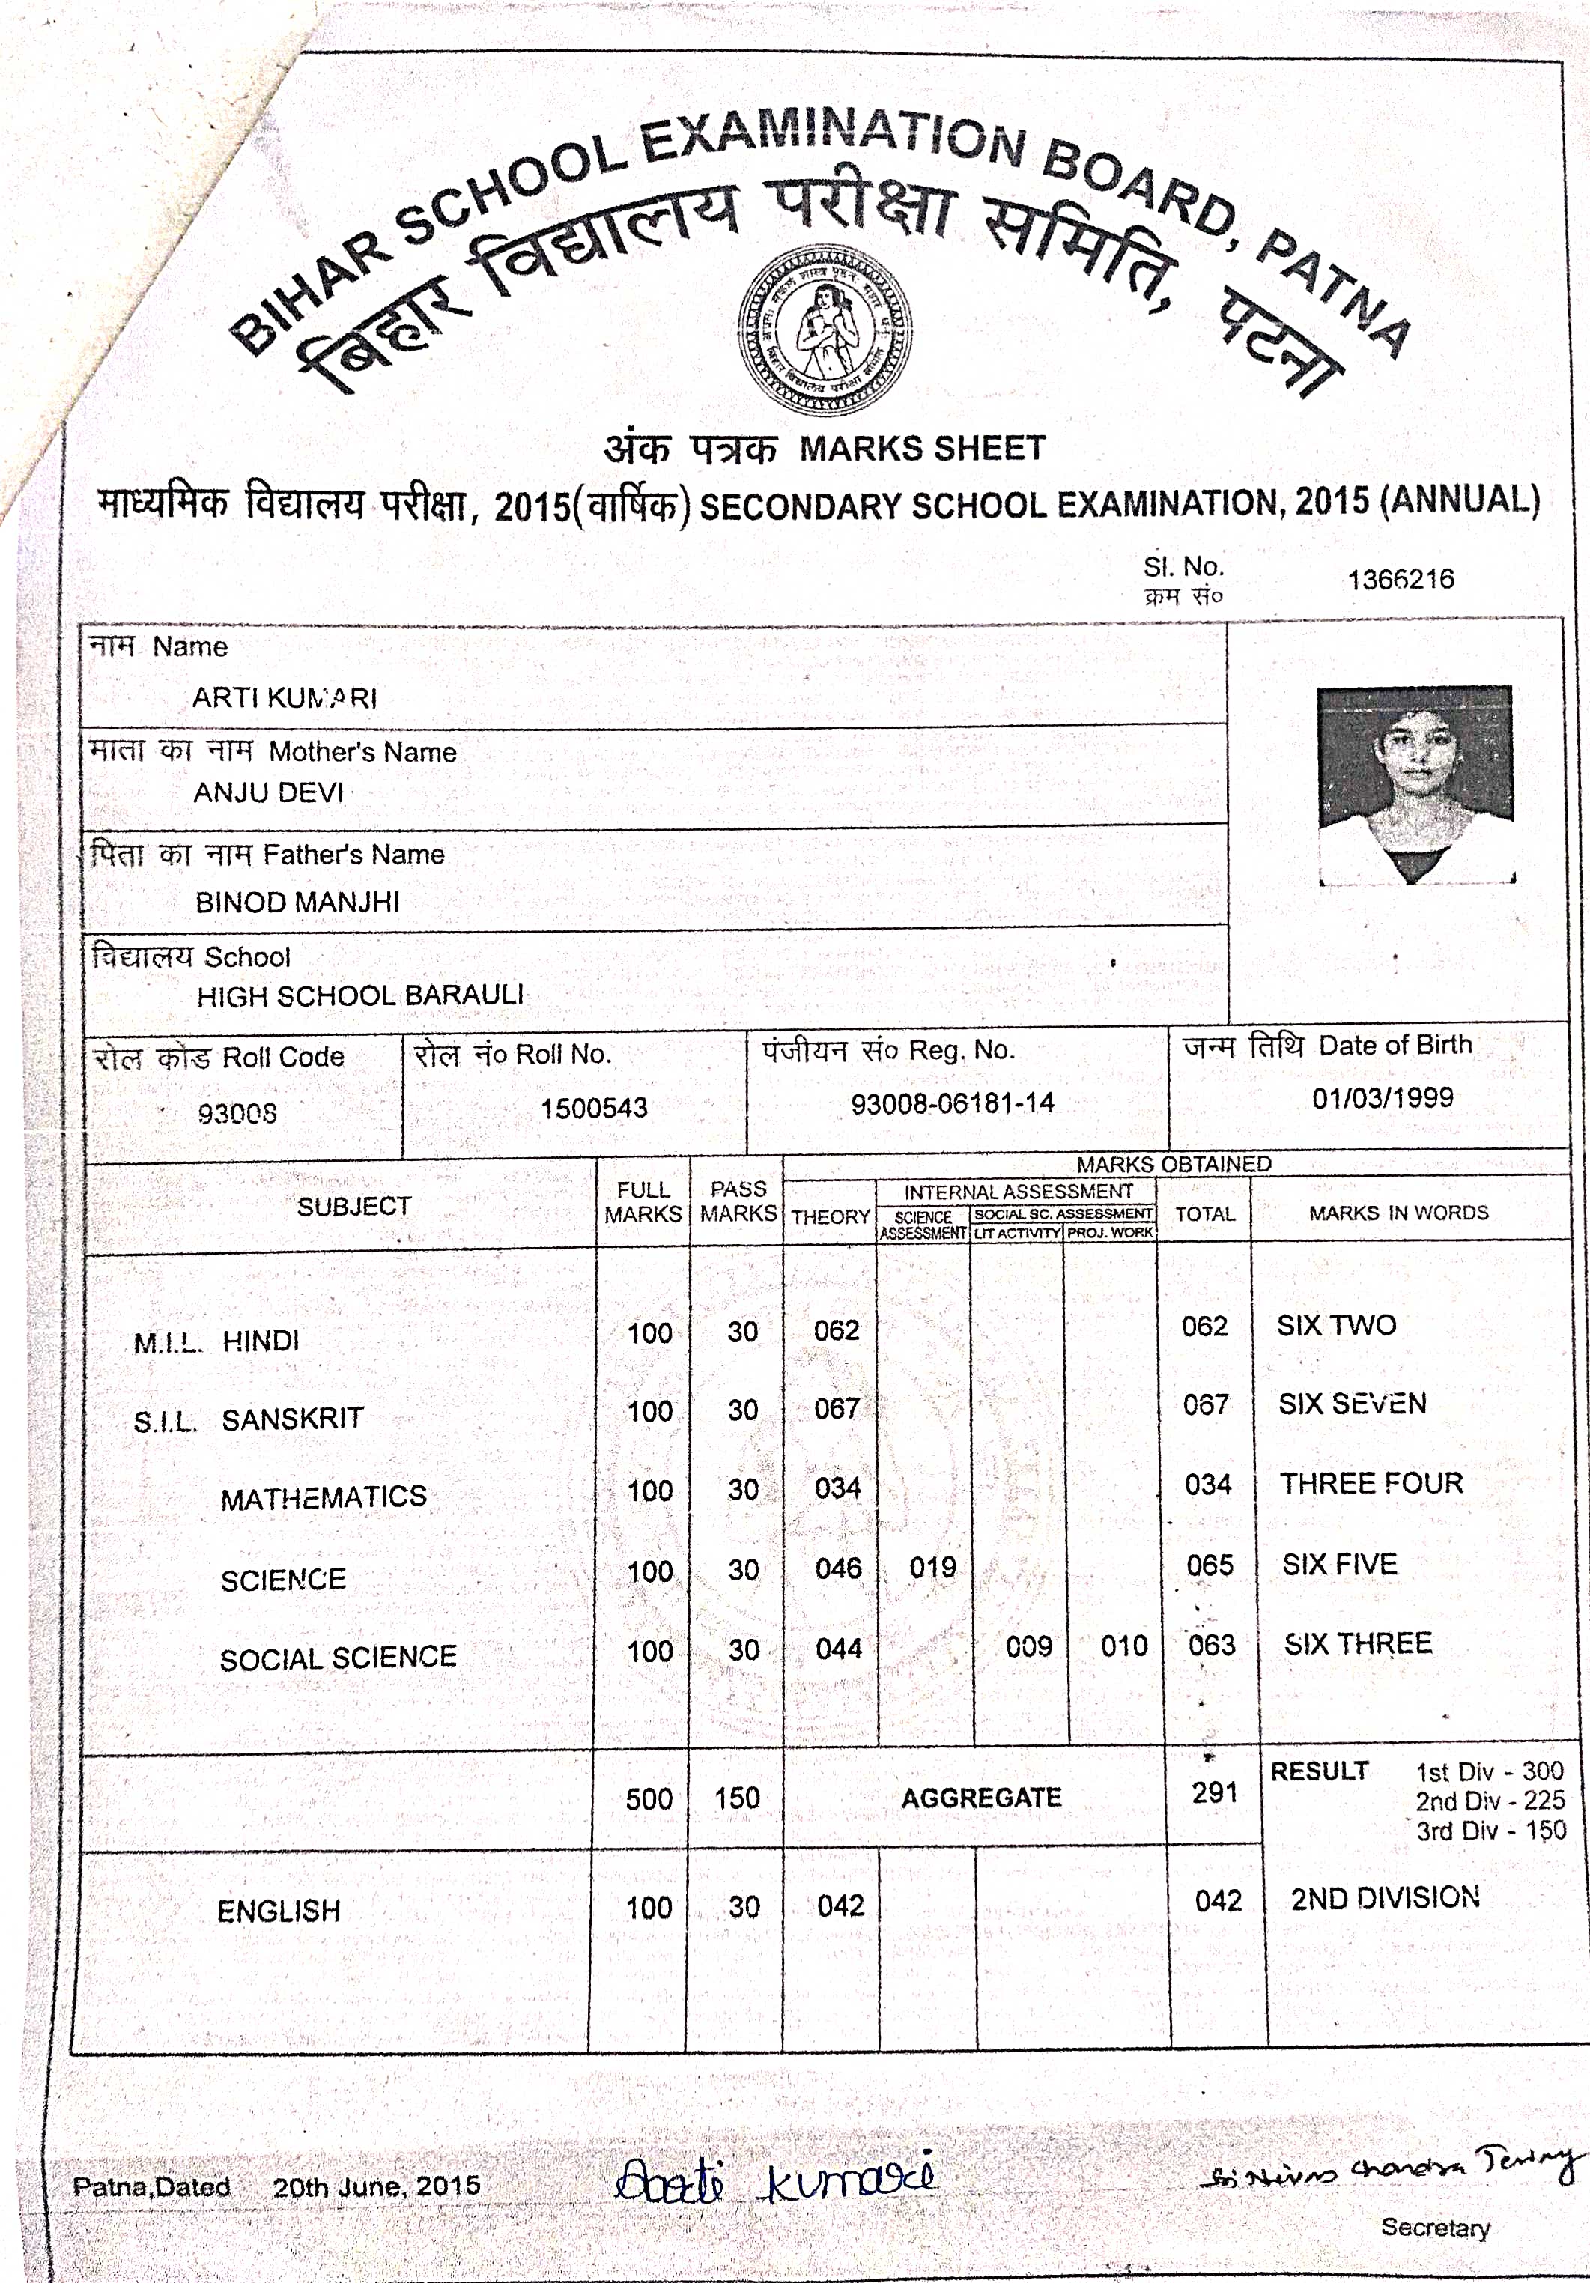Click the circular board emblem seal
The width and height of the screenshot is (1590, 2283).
825,330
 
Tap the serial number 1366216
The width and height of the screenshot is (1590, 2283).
1400,580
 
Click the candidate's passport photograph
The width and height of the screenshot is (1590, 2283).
1415,783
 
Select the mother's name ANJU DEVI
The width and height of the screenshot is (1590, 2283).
268,793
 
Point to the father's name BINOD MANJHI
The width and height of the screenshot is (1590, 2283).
297,902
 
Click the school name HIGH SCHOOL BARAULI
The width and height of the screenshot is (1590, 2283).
360,995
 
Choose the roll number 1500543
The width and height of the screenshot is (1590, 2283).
594,1108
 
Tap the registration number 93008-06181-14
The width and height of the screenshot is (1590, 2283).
952,1103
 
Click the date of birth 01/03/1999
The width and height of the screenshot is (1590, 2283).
1383,1098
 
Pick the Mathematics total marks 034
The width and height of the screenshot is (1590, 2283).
1208,1485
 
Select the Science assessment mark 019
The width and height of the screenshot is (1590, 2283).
932,1568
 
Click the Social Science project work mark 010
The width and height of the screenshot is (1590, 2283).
1123,1646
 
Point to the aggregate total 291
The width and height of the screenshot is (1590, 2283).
1214,1793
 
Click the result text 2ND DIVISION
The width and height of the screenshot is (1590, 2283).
1385,1898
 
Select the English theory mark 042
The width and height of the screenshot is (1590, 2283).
840,1906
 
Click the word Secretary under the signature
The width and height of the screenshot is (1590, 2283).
1435,2228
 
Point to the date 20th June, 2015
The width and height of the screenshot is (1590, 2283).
376,2186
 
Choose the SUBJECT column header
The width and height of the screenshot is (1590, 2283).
354,1206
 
